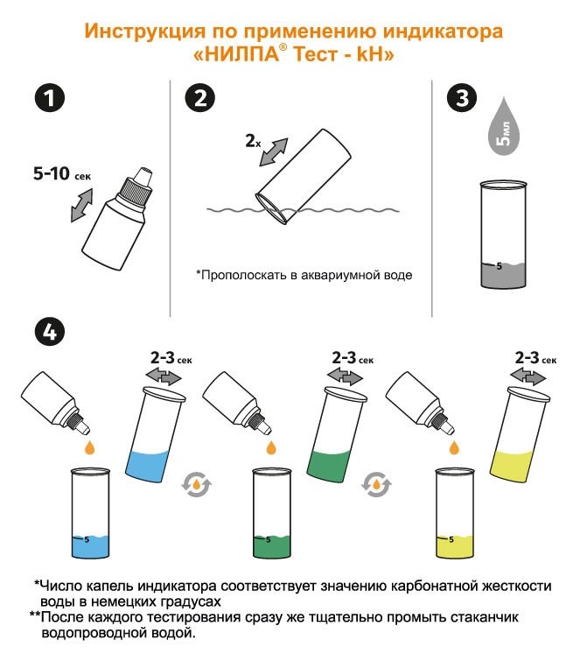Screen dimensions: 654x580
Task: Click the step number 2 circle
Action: tap(199, 97)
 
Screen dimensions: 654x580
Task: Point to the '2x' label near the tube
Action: tap(253, 140)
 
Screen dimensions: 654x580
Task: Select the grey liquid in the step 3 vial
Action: tap(503, 276)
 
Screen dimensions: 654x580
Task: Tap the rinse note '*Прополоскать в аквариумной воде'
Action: tap(304, 274)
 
